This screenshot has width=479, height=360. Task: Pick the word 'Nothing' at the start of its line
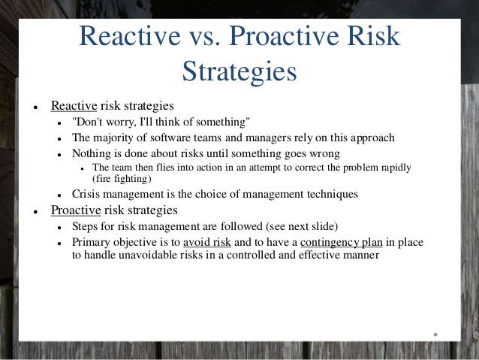pos(92,153)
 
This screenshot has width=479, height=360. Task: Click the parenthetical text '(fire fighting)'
pos(122,179)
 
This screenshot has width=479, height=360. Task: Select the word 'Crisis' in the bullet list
pos(87,194)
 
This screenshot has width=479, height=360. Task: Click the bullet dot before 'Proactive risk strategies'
pos(26,210)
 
